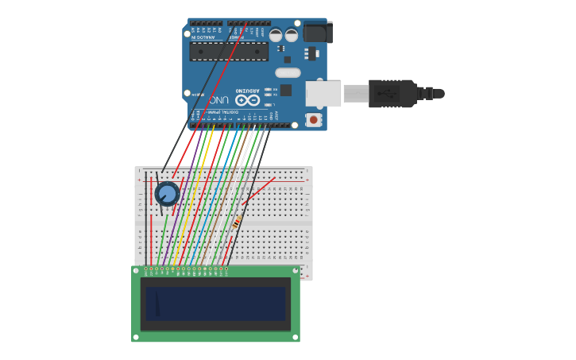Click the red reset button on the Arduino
pos(314,120)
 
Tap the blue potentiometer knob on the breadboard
pos(167,193)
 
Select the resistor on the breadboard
pos(237,222)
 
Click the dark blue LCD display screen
pos(215,303)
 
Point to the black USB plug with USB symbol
pos(392,93)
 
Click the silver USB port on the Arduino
pos(323,94)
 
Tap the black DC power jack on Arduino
pos(317,32)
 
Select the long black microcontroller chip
pos(228,52)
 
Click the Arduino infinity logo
pos(247,100)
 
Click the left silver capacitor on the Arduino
pos(276,35)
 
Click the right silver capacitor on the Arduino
pos(292,35)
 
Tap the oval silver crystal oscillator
pos(288,73)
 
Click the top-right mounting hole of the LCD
pos(296,271)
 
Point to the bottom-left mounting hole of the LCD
pos(136,337)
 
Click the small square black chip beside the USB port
pos(285,90)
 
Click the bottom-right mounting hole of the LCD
pos(296,337)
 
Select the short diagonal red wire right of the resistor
pos(260,191)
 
